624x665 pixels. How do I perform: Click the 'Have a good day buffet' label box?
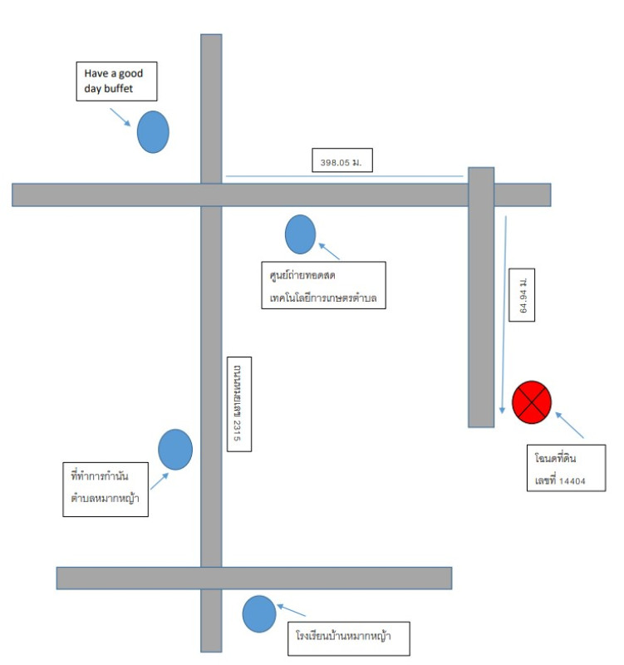tap(116, 81)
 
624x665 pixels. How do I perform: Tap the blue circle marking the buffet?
tap(153, 132)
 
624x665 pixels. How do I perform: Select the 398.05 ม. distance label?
tap(342, 160)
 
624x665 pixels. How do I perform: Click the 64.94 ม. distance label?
tap(522, 295)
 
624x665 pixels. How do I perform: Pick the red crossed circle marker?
tap(532, 402)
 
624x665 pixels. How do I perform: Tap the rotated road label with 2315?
tap(239, 404)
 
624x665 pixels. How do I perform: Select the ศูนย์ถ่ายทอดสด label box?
tap(323, 285)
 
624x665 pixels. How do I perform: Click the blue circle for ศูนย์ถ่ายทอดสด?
tap(300, 234)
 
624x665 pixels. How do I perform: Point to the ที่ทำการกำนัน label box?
tap(106, 490)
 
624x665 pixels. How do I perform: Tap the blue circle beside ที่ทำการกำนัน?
tap(175, 450)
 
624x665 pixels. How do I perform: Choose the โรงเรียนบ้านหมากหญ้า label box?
tap(349, 638)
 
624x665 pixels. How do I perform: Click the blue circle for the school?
tap(259, 614)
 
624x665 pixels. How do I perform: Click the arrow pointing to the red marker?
tap(569, 425)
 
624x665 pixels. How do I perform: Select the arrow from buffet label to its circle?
tap(120, 117)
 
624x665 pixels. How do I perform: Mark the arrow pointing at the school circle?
tap(292, 610)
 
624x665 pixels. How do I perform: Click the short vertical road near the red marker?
tap(481, 298)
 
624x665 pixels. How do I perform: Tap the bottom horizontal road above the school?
tap(254, 578)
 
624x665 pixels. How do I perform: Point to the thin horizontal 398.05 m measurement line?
tap(344, 176)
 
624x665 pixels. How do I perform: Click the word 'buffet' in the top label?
tap(118, 88)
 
